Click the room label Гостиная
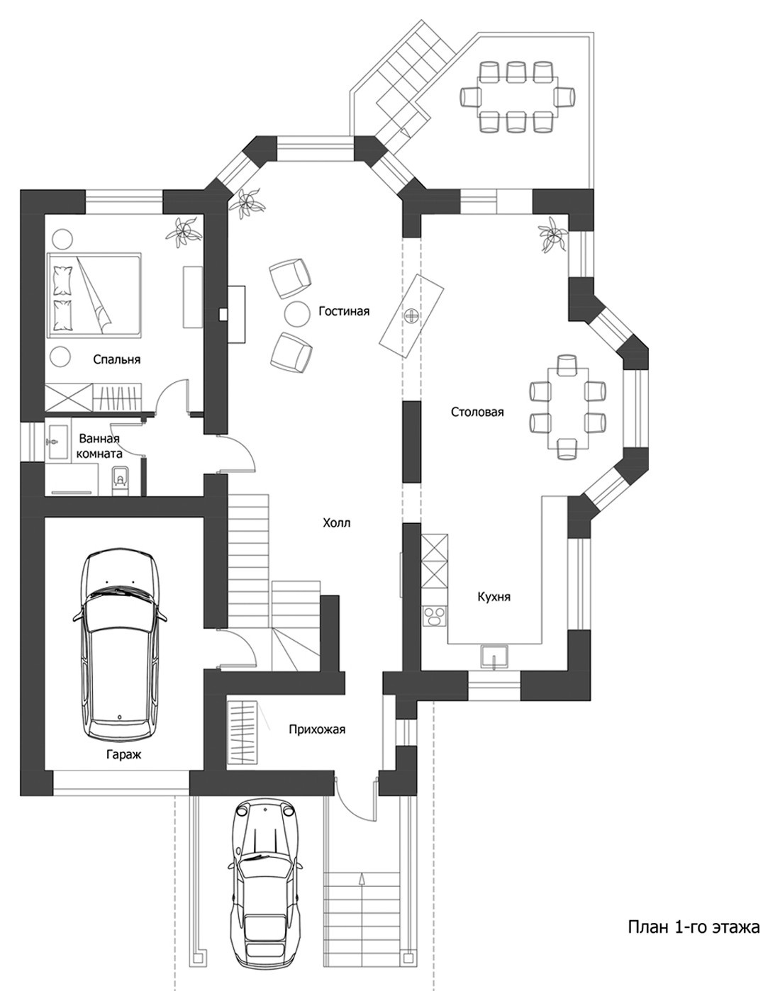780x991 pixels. [344, 312]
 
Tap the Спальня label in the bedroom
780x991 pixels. [116, 359]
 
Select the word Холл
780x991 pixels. [336, 523]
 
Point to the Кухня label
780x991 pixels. [494, 597]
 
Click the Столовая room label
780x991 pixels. [477, 412]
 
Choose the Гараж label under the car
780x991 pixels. [124, 755]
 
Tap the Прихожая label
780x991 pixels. [317, 729]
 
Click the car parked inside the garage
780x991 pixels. [119, 646]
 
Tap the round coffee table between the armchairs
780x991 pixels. [297, 313]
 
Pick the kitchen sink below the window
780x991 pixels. [495, 656]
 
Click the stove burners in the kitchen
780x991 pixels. [435, 617]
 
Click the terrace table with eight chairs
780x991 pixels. [518, 96]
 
